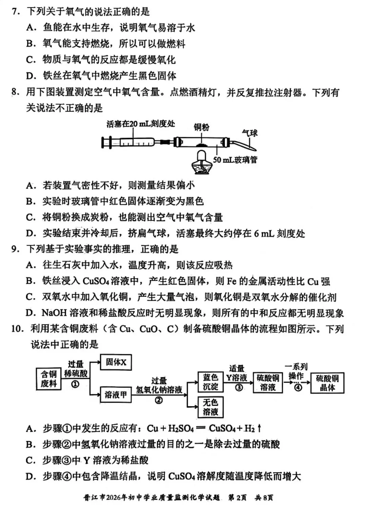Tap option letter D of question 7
point(31,76)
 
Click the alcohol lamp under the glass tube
point(202,162)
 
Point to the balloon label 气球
point(250,133)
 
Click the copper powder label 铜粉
point(201,127)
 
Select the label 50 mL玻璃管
point(235,159)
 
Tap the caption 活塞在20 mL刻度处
point(141,124)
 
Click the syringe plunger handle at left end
point(104,142)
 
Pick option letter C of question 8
point(31,217)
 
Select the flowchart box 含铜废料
point(49,379)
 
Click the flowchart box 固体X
point(116,363)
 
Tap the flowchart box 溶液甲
point(116,395)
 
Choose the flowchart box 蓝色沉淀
point(210,382)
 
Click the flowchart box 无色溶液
point(210,407)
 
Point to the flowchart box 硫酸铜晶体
point(327,383)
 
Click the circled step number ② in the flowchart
point(159,401)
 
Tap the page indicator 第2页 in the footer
point(238,498)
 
